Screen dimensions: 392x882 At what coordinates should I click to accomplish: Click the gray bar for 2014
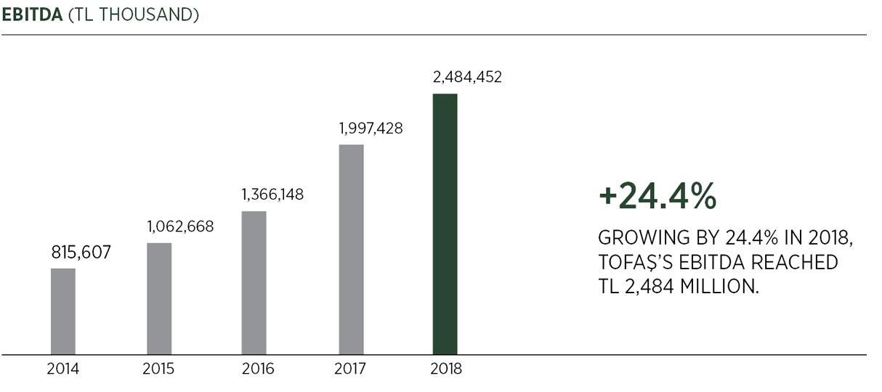[63, 311]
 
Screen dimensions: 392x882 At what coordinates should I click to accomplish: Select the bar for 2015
[159, 298]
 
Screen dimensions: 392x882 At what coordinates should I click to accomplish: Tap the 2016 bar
[254, 283]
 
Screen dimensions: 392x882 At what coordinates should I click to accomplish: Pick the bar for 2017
[351, 250]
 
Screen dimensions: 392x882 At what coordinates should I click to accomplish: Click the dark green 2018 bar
[445, 224]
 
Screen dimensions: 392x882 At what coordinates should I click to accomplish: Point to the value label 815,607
[81, 253]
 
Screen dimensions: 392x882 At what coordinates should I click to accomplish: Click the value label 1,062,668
[180, 226]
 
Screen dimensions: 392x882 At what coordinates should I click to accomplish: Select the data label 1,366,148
[272, 195]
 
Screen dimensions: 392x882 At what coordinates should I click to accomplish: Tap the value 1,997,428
[371, 128]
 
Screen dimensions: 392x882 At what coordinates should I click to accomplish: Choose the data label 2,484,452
[467, 78]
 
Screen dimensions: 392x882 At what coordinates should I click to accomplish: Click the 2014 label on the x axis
[62, 369]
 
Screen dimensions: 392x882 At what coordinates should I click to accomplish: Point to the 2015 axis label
[158, 369]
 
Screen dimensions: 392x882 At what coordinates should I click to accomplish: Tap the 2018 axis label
[445, 369]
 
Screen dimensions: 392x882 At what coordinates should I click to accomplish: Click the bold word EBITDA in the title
[31, 15]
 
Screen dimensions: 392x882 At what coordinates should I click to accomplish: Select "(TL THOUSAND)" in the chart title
[133, 15]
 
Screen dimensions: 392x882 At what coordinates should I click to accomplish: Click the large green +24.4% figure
[658, 197]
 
